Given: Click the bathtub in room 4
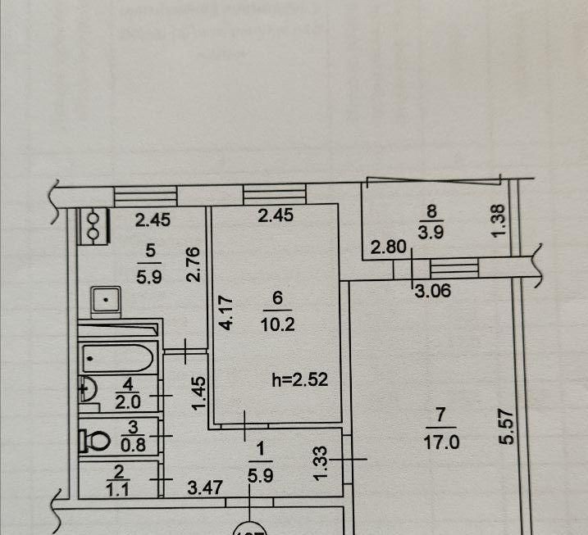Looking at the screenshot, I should [x=120, y=358].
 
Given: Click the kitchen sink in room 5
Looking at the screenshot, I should [x=105, y=302].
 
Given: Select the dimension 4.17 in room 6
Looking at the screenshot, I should [x=227, y=311].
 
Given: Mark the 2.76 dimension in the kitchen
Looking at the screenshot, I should [x=194, y=265].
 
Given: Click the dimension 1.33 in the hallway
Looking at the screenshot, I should [x=324, y=462].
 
